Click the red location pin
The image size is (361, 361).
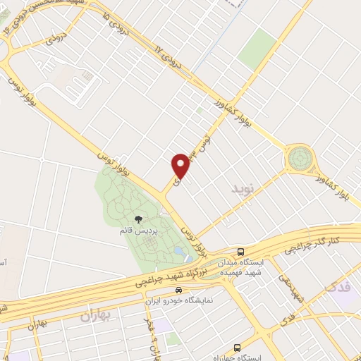coord(180,166)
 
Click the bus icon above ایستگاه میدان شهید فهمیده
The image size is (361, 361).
coord(241,252)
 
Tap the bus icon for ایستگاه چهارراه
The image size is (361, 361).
coord(237,348)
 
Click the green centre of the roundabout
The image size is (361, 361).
coord(300,157)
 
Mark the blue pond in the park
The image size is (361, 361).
coord(178,252)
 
